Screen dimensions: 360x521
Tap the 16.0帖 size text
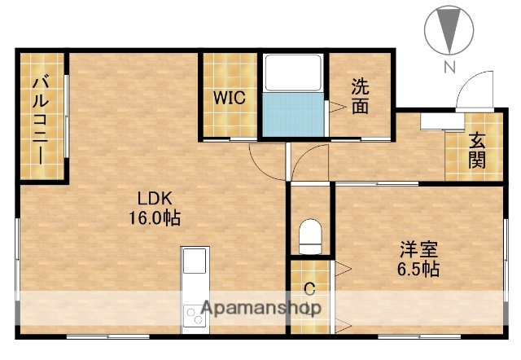[x=153, y=218]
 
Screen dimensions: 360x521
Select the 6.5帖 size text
[x=418, y=269]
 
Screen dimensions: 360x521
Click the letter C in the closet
[x=309, y=288]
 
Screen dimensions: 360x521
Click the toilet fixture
[x=310, y=236]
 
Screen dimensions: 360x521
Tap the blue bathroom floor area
[x=293, y=113]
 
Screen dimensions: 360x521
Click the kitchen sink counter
[x=195, y=262]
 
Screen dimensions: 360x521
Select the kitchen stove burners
[x=195, y=314]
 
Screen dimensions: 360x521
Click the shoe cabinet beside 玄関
[x=440, y=121]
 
